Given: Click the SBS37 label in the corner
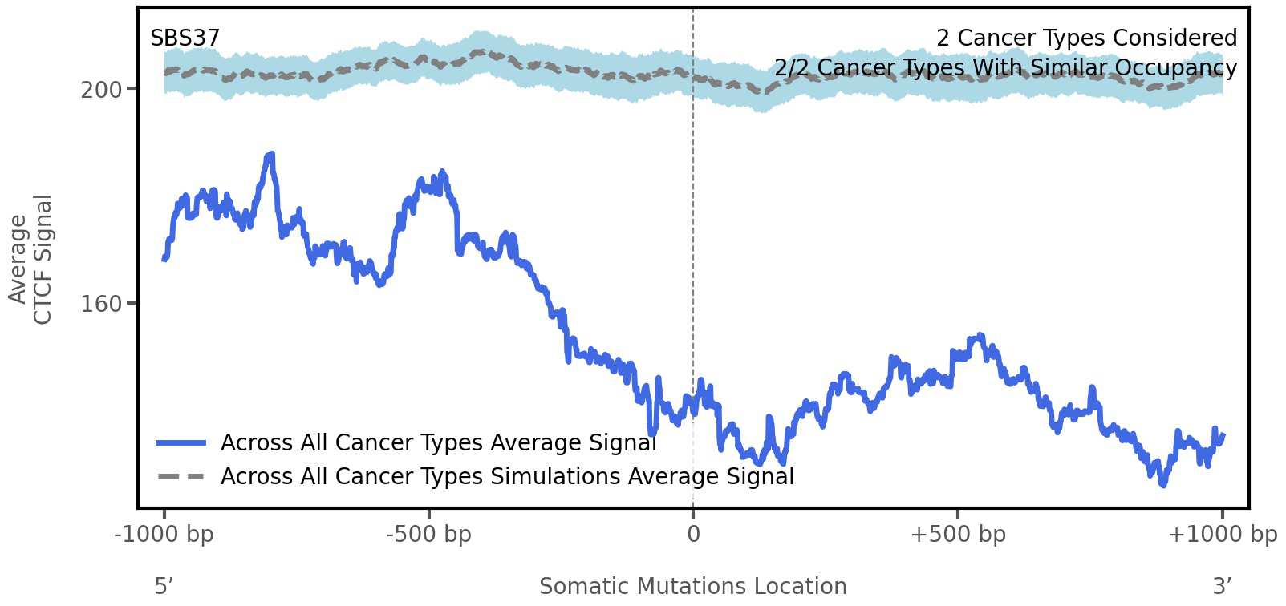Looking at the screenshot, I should tap(185, 38).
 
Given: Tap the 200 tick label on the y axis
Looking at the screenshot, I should tap(101, 90).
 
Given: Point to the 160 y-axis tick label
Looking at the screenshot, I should tap(101, 304).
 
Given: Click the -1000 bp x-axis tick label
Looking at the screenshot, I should tap(164, 534).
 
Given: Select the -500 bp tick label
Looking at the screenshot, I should tap(428, 534).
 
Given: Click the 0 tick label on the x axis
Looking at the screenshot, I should tap(693, 534).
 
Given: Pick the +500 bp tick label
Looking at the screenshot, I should tap(957, 534).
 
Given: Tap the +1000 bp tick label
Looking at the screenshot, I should tap(1221, 534).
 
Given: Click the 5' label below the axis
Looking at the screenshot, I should tap(164, 586).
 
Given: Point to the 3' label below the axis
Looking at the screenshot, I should tap(1222, 586).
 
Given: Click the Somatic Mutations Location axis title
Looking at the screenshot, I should tap(692, 586).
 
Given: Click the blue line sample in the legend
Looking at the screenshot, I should tap(181, 442).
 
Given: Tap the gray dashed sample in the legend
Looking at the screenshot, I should tap(181, 476).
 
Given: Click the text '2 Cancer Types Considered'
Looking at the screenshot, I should tap(1086, 38).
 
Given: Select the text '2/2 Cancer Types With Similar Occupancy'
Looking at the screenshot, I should tap(1005, 67).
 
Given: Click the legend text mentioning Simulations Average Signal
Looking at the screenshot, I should tap(507, 476).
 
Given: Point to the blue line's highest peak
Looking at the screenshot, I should tap(271, 154).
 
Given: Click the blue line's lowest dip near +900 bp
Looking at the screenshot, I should tap(1162, 483).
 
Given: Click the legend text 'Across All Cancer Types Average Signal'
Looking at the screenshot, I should tap(438, 442).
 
